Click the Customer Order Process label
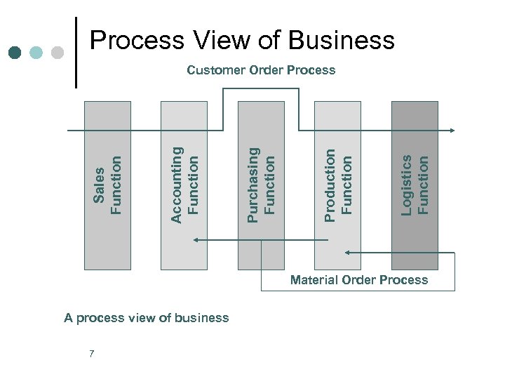pos(261,70)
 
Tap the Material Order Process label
pos(359,280)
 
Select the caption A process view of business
pos(147,318)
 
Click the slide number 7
pos(92,353)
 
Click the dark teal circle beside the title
pos(15,53)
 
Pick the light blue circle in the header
pos(36,53)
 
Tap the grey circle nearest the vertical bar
pos(58,53)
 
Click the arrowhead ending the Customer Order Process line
pos(452,131)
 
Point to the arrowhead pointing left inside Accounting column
pos(196,240)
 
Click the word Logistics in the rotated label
pos(407,184)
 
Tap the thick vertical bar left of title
pos(76,53)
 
